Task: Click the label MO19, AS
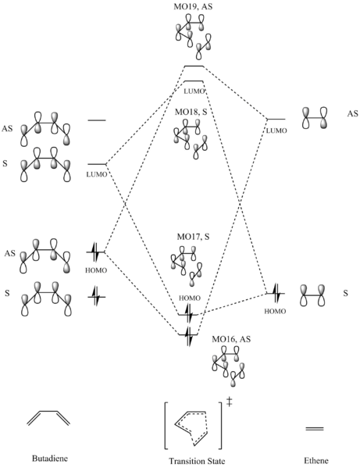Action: point(193,6)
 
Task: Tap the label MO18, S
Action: point(191,112)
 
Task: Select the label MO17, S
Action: point(193,237)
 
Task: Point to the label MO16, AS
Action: point(231,339)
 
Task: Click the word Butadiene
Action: point(50,458)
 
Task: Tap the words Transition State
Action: point(197,460)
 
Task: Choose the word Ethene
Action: point(315,460)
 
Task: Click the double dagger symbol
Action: point(229,402)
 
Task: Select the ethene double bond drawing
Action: point(315,429)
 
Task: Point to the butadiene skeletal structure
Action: point(48,418)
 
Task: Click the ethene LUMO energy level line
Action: point(276,119)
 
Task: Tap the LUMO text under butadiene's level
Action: point(97,174)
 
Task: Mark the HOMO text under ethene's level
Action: point(275,311)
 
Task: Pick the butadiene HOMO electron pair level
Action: point(96,252)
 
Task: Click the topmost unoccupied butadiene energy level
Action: point(97,120)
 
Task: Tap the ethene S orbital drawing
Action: point(313,295)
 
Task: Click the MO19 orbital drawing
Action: point(193,36)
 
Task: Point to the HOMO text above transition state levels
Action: point(190,298)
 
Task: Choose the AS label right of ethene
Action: point(352,114)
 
